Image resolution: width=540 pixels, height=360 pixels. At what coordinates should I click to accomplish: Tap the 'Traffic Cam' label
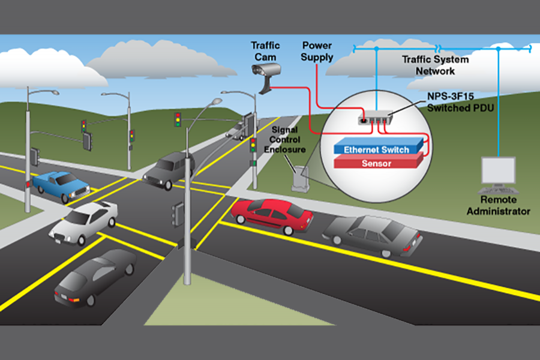pos(265,51)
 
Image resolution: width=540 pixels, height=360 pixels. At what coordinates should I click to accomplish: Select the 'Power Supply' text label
pos(317,51)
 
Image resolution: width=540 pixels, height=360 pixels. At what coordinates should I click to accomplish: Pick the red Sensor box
pos(377,163)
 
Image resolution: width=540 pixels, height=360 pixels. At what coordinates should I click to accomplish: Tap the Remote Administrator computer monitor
pos(497,172)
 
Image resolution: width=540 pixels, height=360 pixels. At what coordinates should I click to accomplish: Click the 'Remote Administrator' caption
pos(498,206)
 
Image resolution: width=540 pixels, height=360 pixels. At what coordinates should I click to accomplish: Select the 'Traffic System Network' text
pos(428,65)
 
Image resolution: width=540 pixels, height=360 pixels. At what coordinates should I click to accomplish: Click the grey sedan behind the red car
pos(373,235)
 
